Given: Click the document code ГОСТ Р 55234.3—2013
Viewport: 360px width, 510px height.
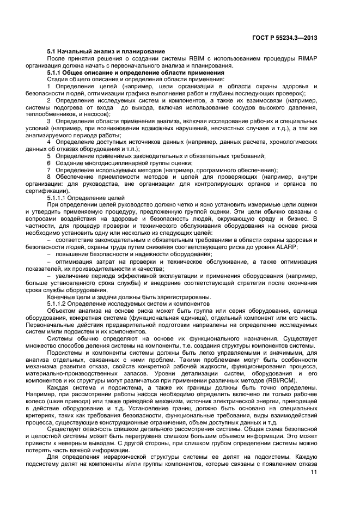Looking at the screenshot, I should tap(291, 38).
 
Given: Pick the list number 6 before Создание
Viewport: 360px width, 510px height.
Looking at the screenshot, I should tap(49, 163).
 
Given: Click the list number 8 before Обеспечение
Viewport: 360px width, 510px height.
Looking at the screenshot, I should tap(49, 177).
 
